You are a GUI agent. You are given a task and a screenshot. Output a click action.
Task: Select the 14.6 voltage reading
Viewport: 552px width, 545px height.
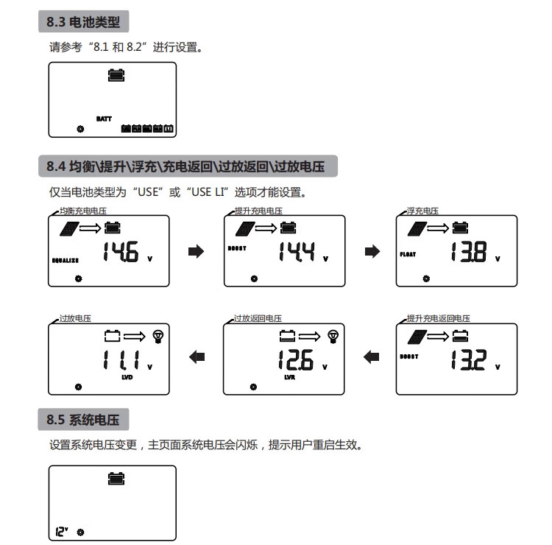[x=120, y=253]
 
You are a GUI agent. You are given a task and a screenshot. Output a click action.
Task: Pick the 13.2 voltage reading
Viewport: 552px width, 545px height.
[x=467, y=361]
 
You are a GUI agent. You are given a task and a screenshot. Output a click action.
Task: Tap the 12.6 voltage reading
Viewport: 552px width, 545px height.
[x=295, y=360]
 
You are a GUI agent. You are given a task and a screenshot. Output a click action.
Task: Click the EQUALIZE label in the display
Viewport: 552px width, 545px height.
[x=66, y=261]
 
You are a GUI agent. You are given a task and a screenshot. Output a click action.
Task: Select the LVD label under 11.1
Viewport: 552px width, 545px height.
[x=127, y=377]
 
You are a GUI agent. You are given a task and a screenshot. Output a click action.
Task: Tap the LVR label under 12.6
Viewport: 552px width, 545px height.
[x=289, y=377]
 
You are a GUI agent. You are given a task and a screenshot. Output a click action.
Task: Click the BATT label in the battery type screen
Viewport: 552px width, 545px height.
[x=103, y=118]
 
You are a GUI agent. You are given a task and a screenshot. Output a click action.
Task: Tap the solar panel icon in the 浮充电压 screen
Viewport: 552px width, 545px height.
[x=417, y=228]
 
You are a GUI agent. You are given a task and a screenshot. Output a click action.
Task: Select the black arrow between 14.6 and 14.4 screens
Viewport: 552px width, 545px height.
[x=195, y=252]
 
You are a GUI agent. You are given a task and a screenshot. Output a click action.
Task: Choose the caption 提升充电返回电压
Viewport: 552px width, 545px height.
[x=438, y=318]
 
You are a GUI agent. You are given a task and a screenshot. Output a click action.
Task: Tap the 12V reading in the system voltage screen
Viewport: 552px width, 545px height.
[x=61, y=530]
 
